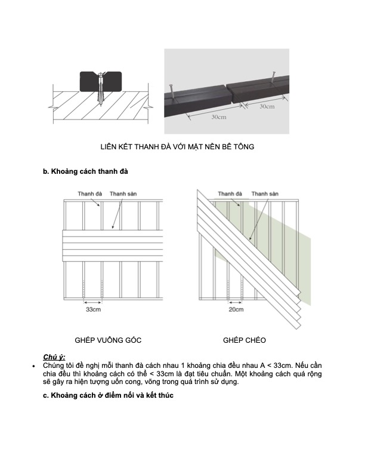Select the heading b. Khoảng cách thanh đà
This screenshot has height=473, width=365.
(86, 172)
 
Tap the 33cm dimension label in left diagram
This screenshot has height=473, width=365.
(92, 311)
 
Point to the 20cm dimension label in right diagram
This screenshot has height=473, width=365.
(236, 310)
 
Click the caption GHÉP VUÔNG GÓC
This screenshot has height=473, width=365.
(108, 340)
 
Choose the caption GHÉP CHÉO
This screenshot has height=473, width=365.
(245, 340)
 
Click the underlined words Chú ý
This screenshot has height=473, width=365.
(54, 357)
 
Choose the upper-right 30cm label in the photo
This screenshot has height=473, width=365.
(267, 107)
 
